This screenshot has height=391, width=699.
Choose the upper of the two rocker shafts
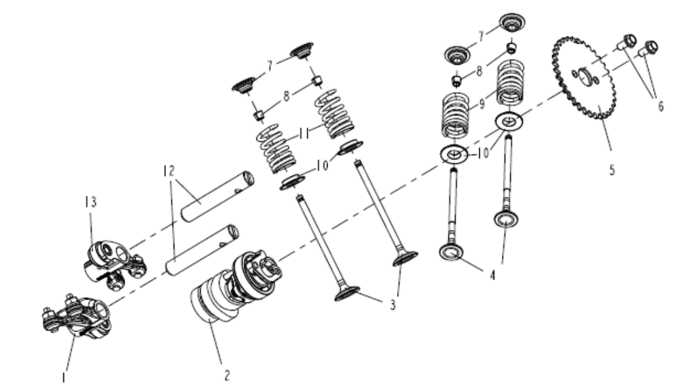coord(216,197)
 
